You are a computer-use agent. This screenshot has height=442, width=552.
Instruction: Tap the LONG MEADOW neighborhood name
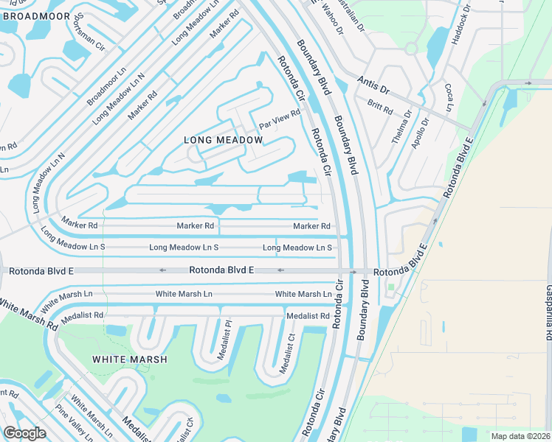(224, 140)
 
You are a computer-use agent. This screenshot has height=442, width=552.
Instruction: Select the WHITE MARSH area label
(129, 359)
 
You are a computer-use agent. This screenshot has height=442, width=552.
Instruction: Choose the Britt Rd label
(381, 108)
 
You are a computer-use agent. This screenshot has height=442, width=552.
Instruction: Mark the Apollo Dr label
(419, 134)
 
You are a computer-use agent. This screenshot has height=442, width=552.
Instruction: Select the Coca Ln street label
(449, 97)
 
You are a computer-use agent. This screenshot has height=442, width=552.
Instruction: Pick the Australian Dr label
(356, 16)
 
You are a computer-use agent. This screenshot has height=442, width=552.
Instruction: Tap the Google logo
(24, 432)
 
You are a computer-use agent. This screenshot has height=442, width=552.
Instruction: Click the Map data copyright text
(520, 436)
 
